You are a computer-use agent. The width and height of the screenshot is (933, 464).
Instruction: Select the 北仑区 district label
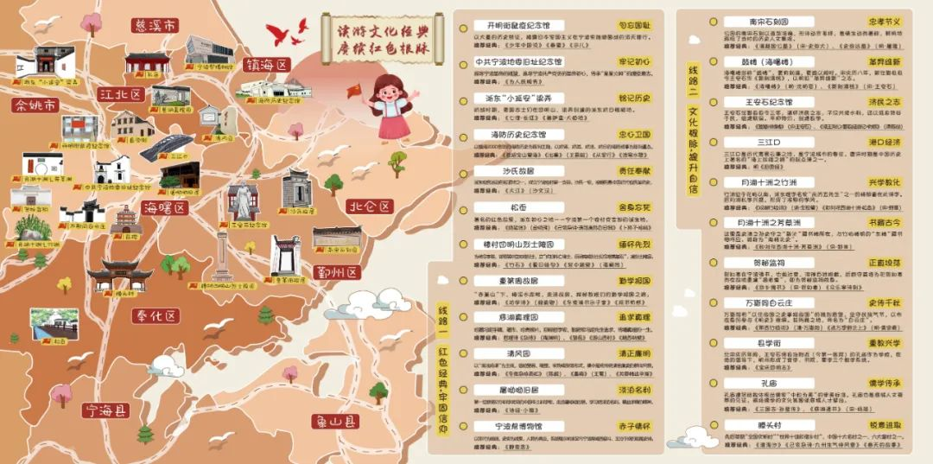369,207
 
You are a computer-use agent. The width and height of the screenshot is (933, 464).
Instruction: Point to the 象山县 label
335,422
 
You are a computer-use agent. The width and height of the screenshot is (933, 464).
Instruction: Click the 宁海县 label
104,410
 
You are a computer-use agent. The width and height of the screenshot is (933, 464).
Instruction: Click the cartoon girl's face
387,89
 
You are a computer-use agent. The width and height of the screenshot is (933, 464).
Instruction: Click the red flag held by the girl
354,90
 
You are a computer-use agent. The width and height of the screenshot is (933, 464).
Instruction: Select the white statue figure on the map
244,200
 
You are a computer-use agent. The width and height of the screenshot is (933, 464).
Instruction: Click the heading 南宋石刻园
758,22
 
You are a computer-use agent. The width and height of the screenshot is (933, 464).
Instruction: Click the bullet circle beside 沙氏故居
463,171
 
